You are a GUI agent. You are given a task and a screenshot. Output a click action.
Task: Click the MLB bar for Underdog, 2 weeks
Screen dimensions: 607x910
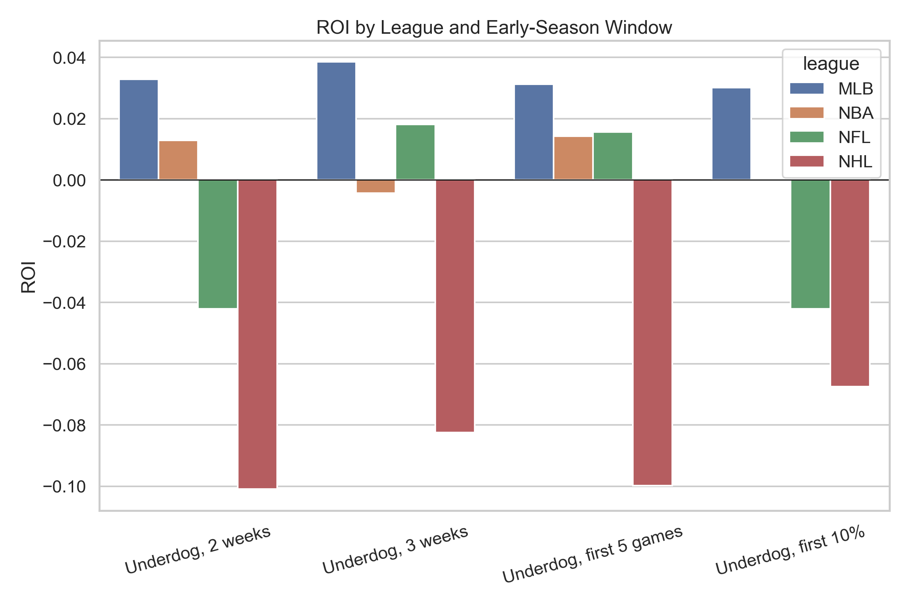(x=138, y=130)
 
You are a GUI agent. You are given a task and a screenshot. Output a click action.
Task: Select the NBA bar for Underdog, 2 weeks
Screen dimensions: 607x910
(x=178, y=160)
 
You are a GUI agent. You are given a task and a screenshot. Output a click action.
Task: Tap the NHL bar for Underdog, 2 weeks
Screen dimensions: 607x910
(x=257, y=334)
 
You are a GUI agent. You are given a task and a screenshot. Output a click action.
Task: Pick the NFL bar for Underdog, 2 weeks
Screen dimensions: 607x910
(x=218, y=244)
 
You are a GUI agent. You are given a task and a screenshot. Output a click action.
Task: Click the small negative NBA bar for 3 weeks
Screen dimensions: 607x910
(x=376, y=186)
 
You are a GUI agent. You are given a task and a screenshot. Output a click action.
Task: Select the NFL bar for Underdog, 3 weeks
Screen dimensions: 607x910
(x=415, y=152)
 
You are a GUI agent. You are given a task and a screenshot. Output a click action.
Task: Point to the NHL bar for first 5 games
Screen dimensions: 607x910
(x=652, y=332)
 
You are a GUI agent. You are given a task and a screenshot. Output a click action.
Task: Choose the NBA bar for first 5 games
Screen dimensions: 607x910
(x=573, y=158)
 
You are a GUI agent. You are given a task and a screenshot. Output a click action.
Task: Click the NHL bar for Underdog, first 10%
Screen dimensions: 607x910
(x=850, y=283)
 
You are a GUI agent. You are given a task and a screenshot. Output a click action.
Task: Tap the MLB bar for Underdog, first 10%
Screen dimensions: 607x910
(x=731, y=134)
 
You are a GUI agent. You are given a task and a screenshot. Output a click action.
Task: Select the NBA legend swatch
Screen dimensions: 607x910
(x=807, y=113)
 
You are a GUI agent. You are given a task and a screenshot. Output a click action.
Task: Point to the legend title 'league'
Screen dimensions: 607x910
(x=831, y=64)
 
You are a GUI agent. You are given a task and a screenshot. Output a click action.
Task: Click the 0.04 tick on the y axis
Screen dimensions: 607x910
(x=69, y=58)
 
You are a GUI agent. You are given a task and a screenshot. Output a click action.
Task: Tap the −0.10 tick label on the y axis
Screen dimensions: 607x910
(x=64, y=487)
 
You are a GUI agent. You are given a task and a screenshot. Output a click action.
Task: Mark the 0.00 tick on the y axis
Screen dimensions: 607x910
(x=69, y=181)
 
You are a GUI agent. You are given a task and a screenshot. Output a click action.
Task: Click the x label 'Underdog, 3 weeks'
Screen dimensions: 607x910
(x=395, y=550)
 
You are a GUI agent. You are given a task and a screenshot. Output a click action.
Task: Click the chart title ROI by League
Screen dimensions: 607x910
(x=494, y=27)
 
